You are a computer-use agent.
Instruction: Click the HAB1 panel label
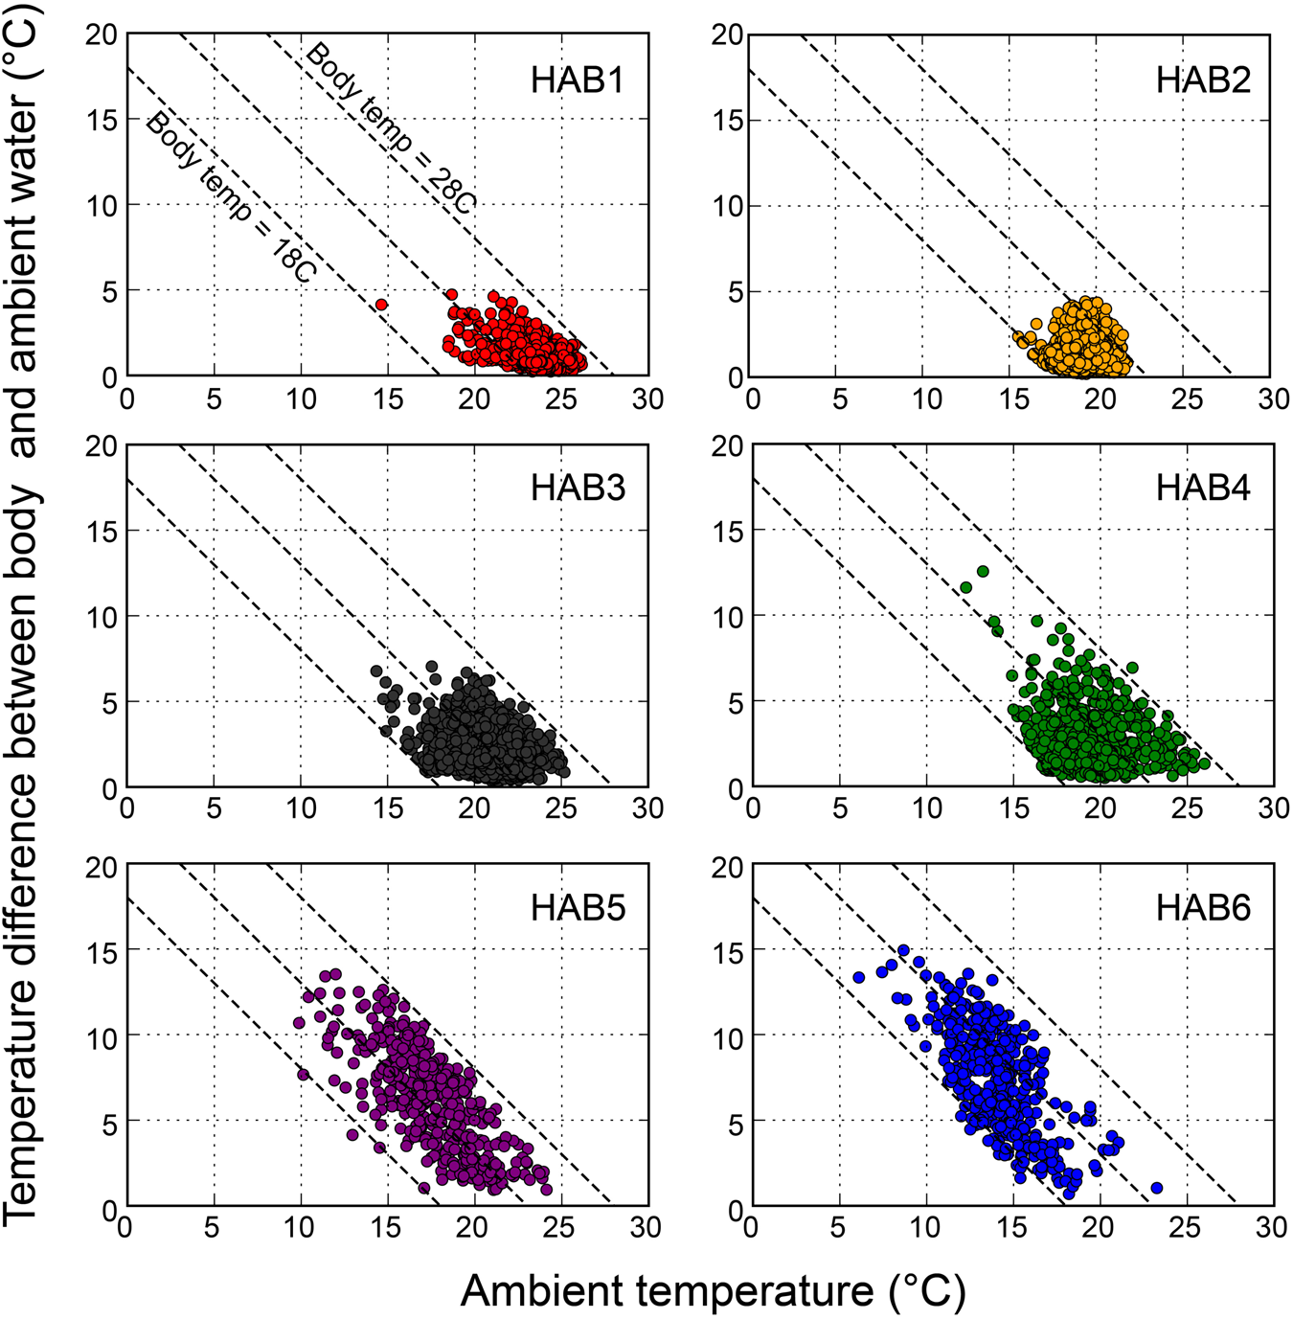click(x=578, y=80)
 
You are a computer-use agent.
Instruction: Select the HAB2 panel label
click(x=1203, y=80)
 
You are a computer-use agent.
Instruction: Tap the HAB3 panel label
click(x=578, y=488)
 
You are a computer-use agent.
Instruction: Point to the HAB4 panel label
click(x=1203, y=488)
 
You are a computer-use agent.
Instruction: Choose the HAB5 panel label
click(x=578, y=907)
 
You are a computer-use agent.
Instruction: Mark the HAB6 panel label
click(x=1203, y=907)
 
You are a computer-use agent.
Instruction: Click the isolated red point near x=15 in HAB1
click(x=381, y=305)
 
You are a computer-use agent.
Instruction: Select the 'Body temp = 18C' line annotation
click(x=230, y=197)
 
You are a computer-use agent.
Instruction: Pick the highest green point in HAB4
click(x=983, y=572)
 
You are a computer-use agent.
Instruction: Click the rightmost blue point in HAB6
click(x=1156, y=1188)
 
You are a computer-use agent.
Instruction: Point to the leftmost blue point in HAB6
click(x=859, y=978)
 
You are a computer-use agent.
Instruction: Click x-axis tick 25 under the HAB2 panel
click(x=1187, y=398)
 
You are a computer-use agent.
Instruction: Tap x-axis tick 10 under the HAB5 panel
click(x=301, y=1227)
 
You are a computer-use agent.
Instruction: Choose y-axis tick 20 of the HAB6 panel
click(x=728, y=867)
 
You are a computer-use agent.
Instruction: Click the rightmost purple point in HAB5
click(x=547, y=1190)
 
